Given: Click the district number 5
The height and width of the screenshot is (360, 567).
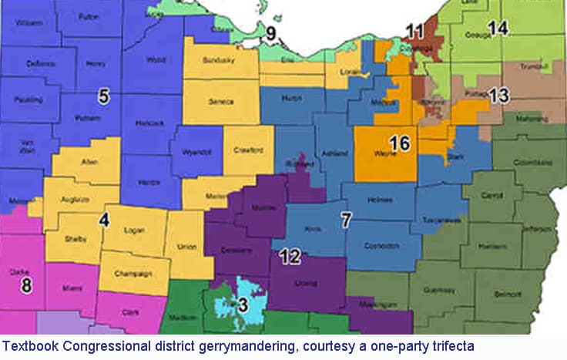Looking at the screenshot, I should (x=104, y=96).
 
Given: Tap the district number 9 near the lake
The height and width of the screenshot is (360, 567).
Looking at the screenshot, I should (x=270, y=33).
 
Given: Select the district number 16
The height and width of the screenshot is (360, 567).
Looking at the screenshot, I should (x=398, y=143).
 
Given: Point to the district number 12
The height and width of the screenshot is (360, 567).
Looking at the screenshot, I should (x=290, y=257).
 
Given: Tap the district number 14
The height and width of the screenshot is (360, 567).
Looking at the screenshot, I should (x=498, y=29).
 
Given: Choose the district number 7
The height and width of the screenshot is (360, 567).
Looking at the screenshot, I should (x=347, y=220).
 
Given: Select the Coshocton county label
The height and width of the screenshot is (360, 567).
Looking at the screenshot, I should (x=383, y=245).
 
